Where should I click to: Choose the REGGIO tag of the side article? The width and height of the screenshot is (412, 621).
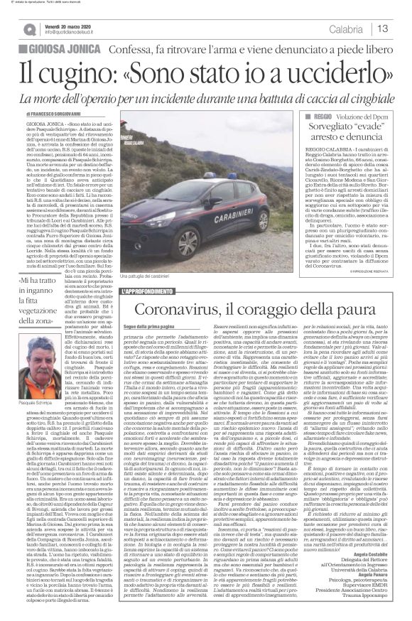[x=317, y=114]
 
